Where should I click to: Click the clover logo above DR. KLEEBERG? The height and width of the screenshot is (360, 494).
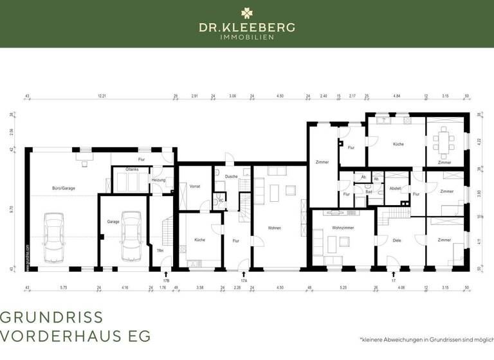[x=247, y=12]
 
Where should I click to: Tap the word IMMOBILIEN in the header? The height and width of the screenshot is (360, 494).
[x=247, y=37]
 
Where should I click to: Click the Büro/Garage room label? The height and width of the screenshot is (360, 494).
[x=64, y=188]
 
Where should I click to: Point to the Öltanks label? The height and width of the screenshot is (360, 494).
[x=133, y=170]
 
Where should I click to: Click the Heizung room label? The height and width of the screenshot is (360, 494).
[x=158, y=181]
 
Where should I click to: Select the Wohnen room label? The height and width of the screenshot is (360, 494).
[x=275, y=228]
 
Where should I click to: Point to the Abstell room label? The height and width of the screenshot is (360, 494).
[x=396, y=188]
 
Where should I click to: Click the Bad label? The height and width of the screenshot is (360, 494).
[x=369, y=192]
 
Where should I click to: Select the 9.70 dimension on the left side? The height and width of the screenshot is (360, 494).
[x=11, y=209]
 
